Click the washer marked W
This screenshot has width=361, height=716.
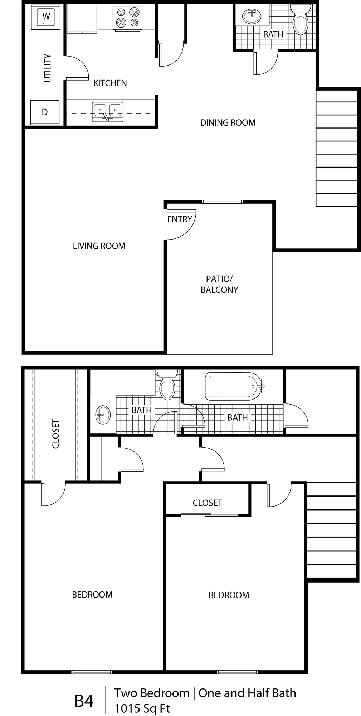pyautogui.click(x=46, y=17)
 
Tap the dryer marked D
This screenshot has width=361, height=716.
pyautogui.click(x=45, y=112)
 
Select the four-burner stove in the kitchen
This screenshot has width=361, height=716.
pyautogui.click(x=127, y=17)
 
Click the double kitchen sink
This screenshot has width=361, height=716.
pyautogui.click(x=107, y=111)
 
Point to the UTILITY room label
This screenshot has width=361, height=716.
pyautogui.click(x=48, y=68)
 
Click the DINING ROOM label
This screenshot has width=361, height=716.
pyautogui.click(x=228, y=123)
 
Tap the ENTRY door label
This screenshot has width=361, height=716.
pyautogui.click(x=180, y=219)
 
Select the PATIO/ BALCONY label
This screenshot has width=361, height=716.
pyautogui.click(x=219, y=284)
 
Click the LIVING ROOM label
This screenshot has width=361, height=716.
pyautogui.click(x=99, y=246)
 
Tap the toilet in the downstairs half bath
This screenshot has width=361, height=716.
pyautogui.click(x=301, y=20)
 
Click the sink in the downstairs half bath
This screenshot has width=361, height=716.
pyautogui.click(x=252, y=16)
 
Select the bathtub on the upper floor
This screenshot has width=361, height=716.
pyautogui.click(x=233, y=386)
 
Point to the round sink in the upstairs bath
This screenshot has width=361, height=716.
pyautogui.click(x=103, y=415)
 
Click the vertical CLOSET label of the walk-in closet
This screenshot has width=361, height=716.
pyautogui.click(x=56, y=434)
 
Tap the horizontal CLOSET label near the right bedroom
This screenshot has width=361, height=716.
pyautogui.click(x=207, y=503)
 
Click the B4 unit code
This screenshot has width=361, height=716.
pyautogui.click(x=84, y=701)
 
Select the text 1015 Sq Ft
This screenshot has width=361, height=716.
pyautogui.click(x=142, y=708)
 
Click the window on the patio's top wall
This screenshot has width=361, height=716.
pyautogui.click(x=222, y=202)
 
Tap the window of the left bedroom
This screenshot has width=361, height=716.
pyautogui.click(x=92, y=672)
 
